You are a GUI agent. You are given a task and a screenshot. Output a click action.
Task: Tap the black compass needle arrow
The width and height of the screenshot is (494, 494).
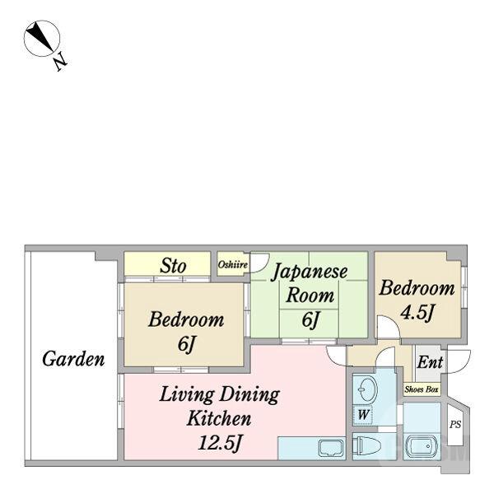(x=40, y=35)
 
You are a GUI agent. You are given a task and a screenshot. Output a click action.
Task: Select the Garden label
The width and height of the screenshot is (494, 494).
(x=73, y=359)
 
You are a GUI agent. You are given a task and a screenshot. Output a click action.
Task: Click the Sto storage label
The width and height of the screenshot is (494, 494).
(x=173, y=266)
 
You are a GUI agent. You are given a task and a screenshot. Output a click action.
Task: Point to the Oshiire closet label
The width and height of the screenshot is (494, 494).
(x=233, y=264)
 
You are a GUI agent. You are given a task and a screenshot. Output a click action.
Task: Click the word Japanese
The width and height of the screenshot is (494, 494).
(x=310, y=272)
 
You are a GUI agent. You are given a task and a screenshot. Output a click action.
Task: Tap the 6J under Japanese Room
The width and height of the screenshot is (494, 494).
(x=310, y=319)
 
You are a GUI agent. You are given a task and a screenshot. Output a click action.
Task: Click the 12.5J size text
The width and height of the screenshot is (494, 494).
(x=220, y=442)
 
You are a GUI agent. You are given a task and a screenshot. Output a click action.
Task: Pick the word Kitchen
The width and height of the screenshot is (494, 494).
(x=219, y=418)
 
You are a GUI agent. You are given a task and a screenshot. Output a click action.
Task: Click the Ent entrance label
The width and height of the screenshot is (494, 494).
(x=430, y=362)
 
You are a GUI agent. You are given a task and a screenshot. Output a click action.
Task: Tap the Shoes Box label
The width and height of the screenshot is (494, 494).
(x=422, y=389)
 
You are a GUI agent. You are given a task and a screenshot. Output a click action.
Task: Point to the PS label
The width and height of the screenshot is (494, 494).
(x=455, y=424)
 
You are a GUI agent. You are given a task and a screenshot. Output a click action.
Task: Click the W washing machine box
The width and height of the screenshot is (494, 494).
(x=363, y=415)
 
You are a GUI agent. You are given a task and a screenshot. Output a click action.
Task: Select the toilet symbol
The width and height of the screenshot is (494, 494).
(x=366, y=446)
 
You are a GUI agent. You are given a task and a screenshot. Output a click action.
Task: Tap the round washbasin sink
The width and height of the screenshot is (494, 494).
(x=366, y=389)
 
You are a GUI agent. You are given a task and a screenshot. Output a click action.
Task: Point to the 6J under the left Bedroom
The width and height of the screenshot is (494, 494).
(x=187, y=343)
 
